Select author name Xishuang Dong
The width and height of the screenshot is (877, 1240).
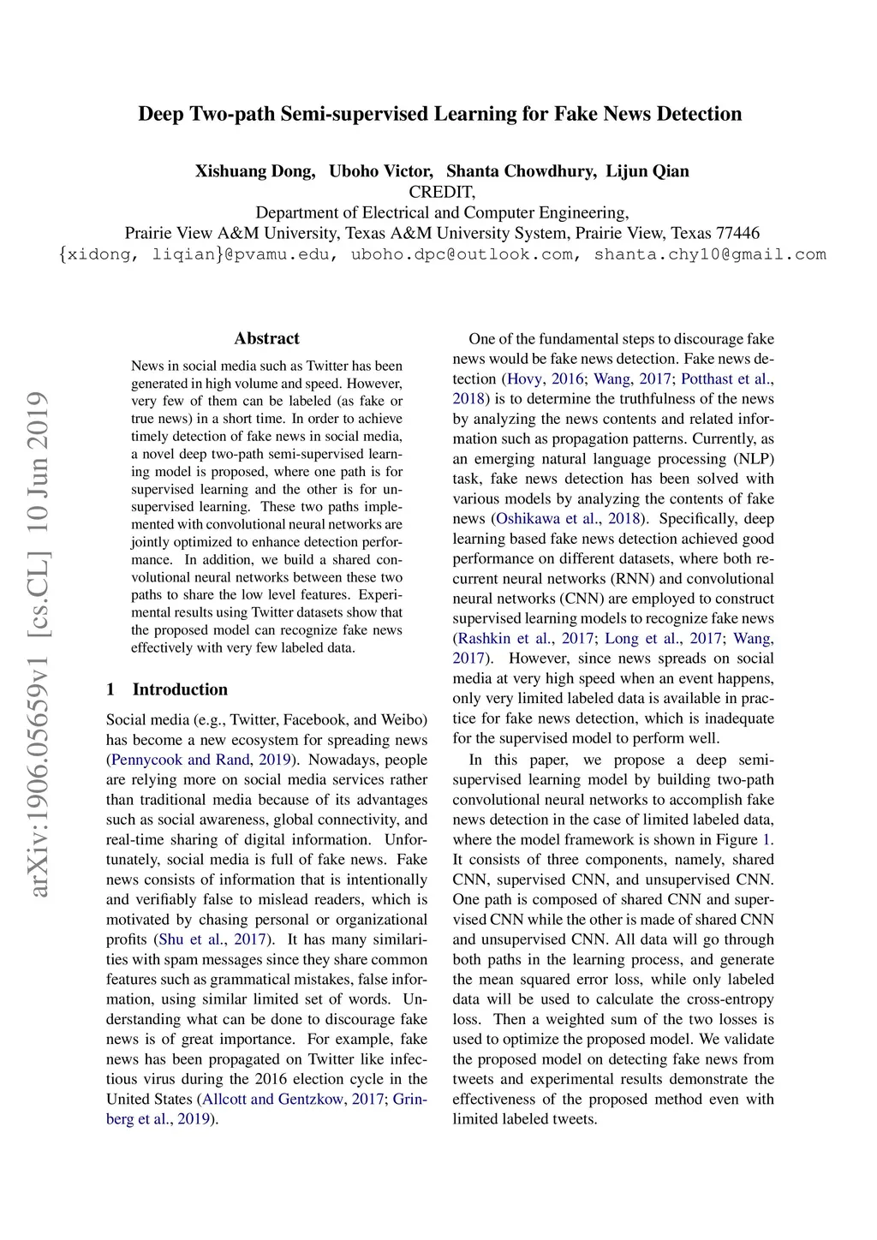(254, 171)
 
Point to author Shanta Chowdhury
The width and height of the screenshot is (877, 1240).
(521, 171)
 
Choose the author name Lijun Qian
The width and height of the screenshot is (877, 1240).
(647, 171)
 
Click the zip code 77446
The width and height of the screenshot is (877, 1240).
(737, 233)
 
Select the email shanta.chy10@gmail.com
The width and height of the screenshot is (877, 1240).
(710, 254)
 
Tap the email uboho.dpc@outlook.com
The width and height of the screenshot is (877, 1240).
(462, 254)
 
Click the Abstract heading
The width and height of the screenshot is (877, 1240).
(266, 338)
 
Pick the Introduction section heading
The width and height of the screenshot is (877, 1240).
(180, 689)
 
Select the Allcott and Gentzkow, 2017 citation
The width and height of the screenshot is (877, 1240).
(293, 1100)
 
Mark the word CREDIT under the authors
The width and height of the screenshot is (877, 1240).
(442, 192)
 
